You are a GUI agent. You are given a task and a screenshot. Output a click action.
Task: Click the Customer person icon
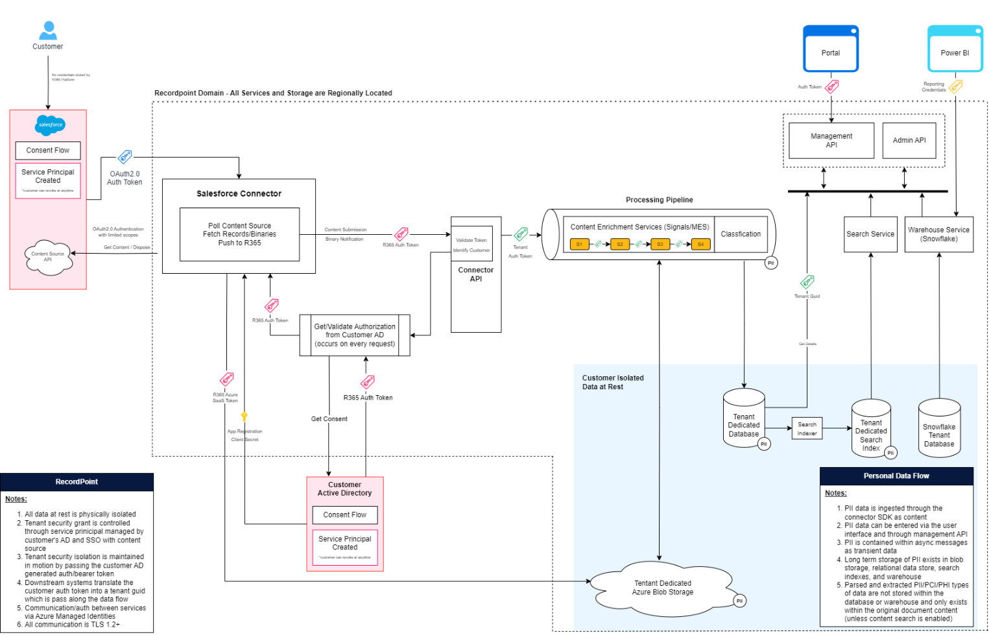click(48, 30)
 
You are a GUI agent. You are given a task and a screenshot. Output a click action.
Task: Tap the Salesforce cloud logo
click(50, 125)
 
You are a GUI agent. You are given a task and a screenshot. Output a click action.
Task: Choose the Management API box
click(831, 141)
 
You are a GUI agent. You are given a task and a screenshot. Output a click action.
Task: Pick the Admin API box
click(909, 141)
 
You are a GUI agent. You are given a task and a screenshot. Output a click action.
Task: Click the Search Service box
click(870, 234)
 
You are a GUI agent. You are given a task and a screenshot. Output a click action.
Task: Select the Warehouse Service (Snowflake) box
click(938, 234)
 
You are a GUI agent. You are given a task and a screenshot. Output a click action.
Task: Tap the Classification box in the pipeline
click(741, 234)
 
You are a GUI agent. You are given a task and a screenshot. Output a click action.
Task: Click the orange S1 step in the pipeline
click(579, 245)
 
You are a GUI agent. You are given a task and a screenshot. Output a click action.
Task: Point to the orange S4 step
click(700, 245)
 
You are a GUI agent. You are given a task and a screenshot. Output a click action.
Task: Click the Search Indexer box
click(807, 429)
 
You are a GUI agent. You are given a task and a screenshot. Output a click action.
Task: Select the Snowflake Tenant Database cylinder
click(939, 429)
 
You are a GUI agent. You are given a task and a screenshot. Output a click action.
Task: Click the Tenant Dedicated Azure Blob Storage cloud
click(662, 588)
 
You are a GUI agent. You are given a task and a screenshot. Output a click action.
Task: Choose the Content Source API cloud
click(47, 257)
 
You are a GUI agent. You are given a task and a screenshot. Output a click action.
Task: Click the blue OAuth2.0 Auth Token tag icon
click(125, 157)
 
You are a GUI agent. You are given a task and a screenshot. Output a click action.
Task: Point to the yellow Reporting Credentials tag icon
click(955, 86)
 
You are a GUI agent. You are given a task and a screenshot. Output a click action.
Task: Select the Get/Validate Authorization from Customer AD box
click(354, 335)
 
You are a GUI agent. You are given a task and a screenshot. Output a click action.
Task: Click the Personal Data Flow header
click(896, 476)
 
